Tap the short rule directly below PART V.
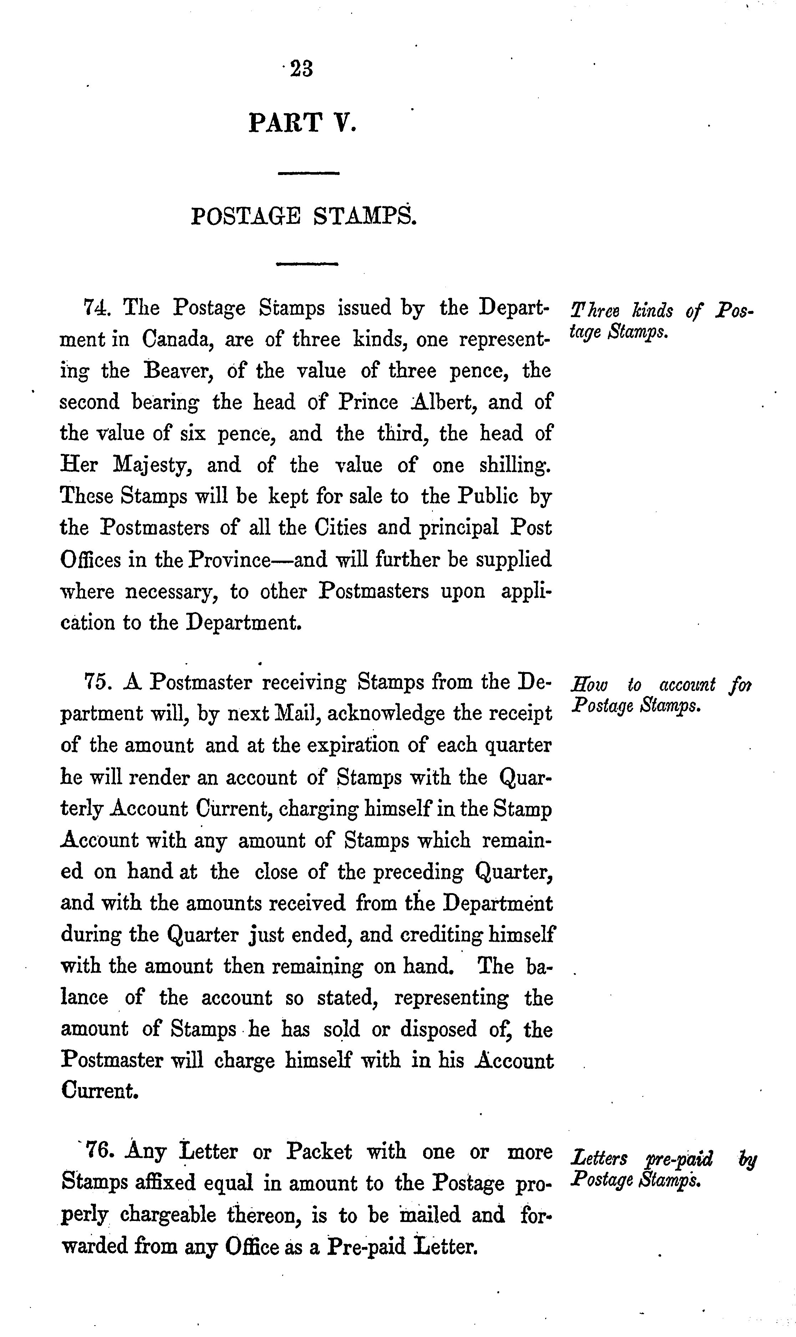[308, 173]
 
